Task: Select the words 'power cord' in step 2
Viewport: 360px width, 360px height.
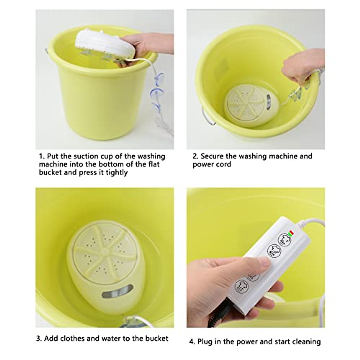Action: click(x=212, y=164)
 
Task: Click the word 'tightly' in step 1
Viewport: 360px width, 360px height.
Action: click(x=117, y=172)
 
